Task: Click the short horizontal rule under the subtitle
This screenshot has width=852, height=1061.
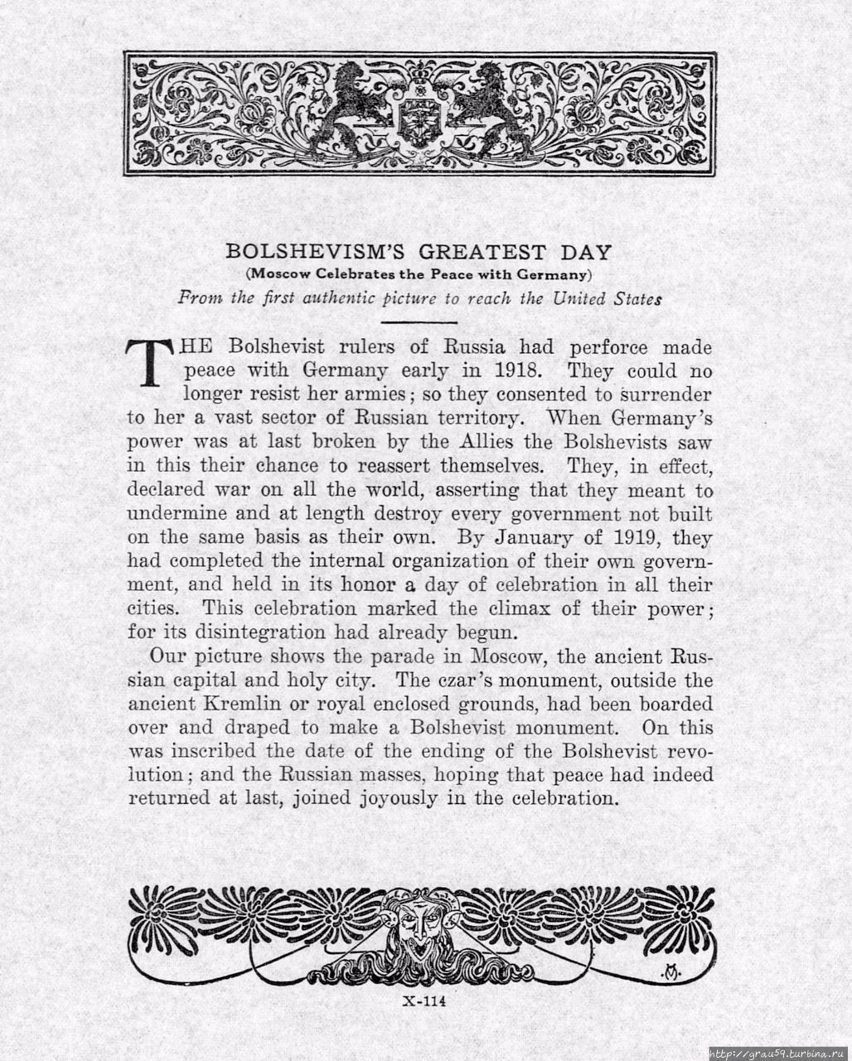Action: pyautogui.click(x=420, y=321)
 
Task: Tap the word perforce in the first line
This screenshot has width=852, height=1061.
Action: pyautogui.click(x=599, y=346)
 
